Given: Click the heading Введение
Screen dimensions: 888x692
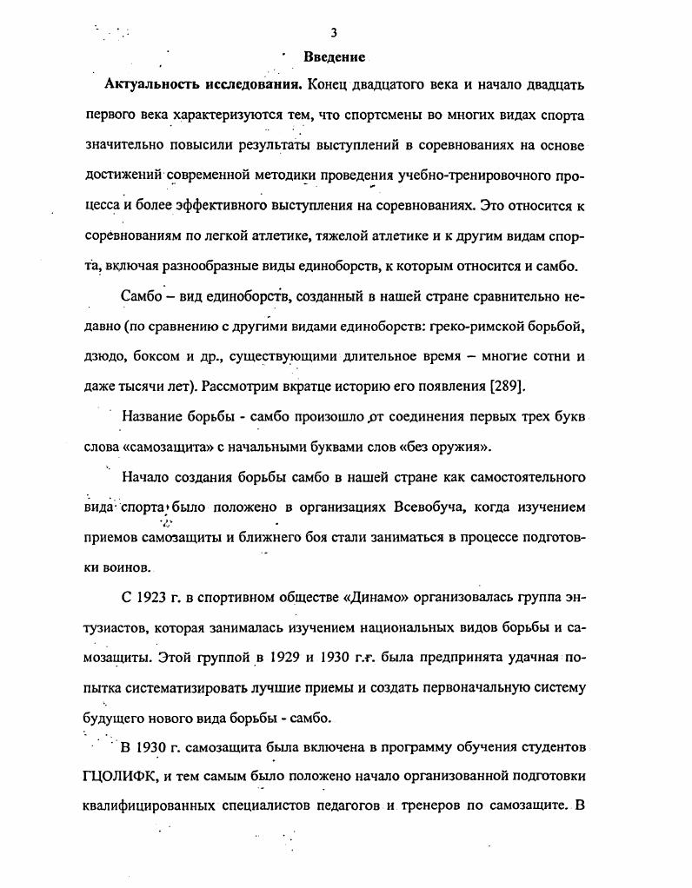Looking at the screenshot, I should click(334, 57).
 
